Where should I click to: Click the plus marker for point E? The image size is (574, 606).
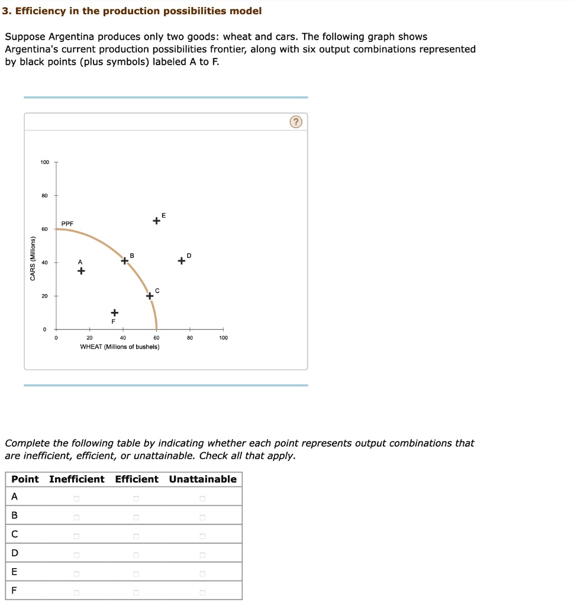(x=156, y=221)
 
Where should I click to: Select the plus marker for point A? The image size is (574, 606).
(x=80, y=271)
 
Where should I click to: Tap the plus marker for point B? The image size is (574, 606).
(x=125, y=260)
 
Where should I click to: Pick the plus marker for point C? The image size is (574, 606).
(x=150, y=296)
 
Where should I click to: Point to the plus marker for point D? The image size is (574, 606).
(x=181, y=260)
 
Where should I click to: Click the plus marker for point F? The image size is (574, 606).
(x=114, y=312)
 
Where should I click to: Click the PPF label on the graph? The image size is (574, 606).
(x=67, y=224)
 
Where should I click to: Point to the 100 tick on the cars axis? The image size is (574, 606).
(x=45, y=162)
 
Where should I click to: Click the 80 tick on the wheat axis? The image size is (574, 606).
(x=189, y=338)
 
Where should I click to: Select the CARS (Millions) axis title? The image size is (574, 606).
(x=33, y=259)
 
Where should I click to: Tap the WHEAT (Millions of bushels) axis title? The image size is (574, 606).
(x=120, y=347)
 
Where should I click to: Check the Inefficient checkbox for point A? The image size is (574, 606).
(x=76, y=499)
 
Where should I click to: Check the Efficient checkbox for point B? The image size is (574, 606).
(x=136, y=518)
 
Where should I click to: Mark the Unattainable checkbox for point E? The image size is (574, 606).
(x=202, y=574)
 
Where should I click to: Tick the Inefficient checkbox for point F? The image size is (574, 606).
(x=76, y=593)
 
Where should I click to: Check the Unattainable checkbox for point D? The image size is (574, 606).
(x=202, y=555)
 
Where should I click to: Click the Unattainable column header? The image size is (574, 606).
(x=202, y=479)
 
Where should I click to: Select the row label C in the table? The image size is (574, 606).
(x=14, y=534)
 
